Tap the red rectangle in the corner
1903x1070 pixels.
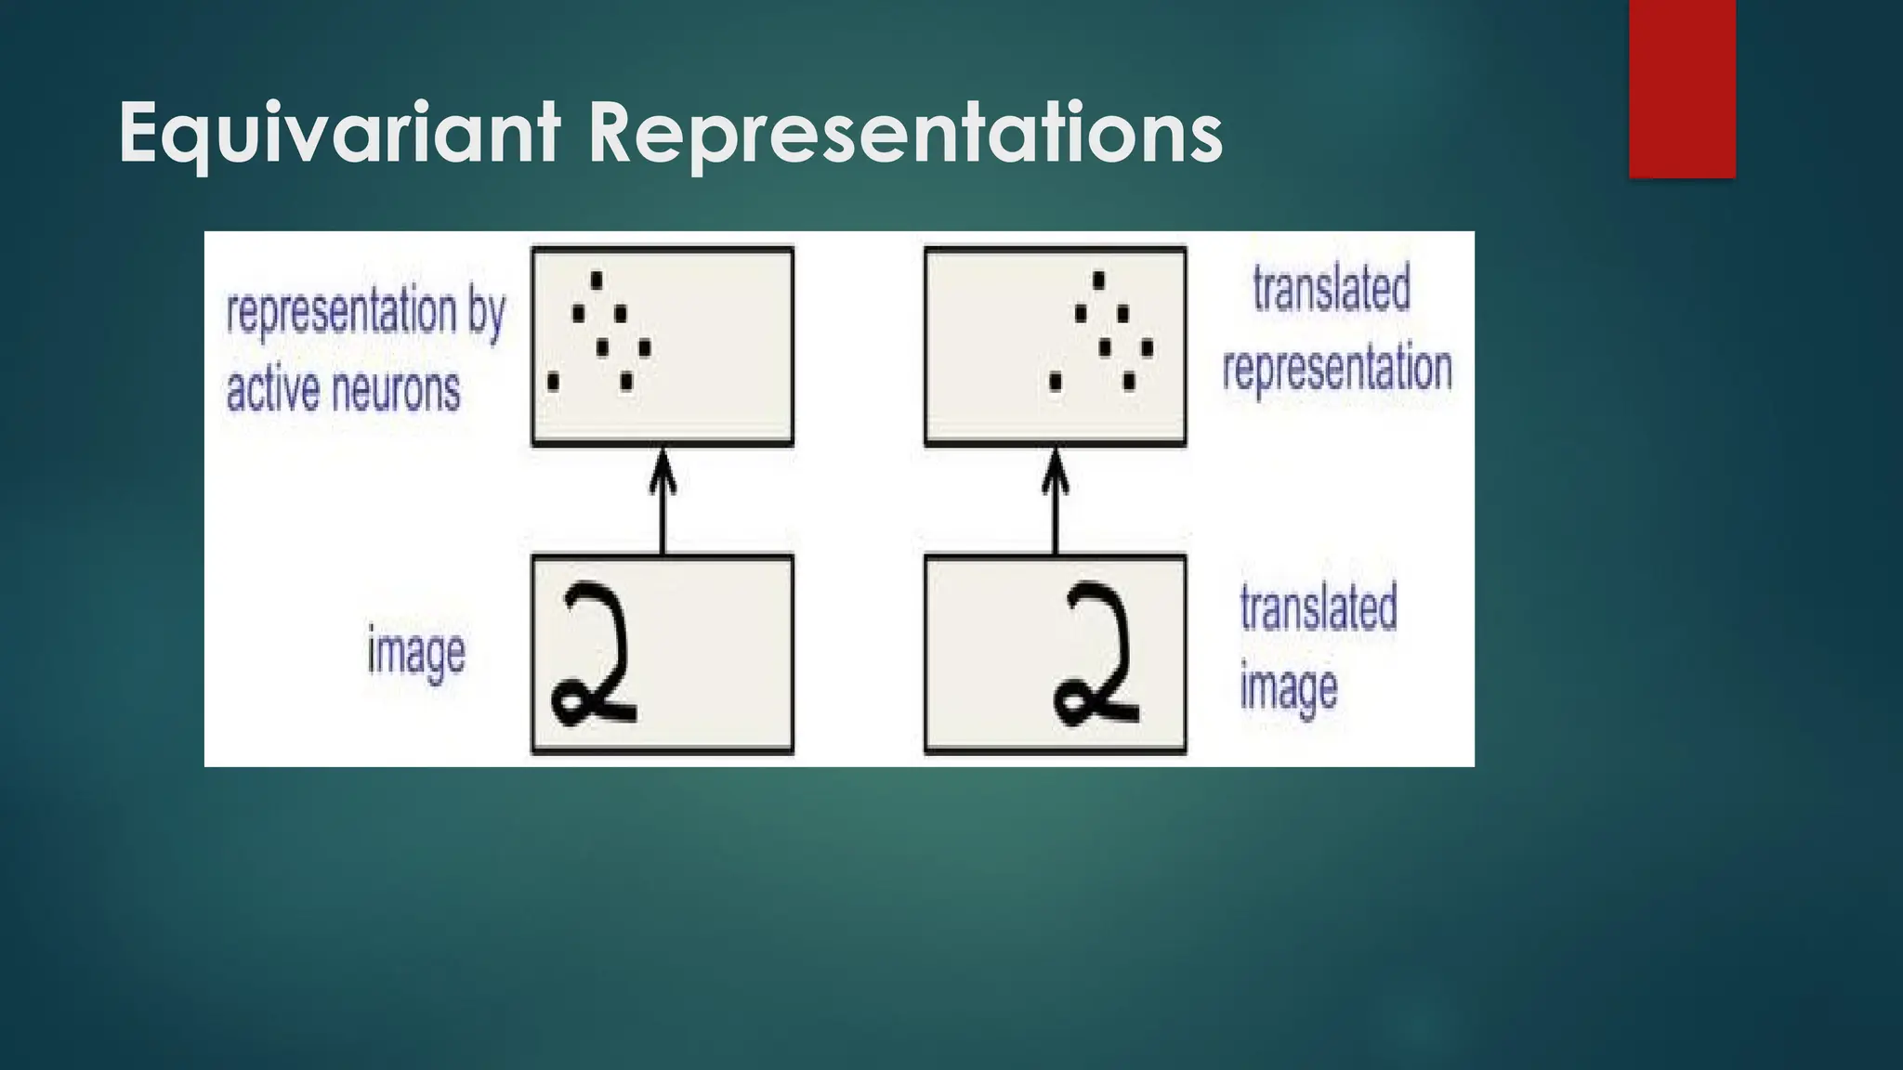coord(1682,88)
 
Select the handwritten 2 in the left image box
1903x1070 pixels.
coord(595,655)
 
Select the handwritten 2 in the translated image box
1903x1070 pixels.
coord(1096,655)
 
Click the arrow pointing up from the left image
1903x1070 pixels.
coord(662,502)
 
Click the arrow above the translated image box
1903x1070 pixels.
coord(1055,502)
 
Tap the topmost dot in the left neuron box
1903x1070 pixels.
coord(597,280)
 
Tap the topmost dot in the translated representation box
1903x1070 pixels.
coord(1099,280)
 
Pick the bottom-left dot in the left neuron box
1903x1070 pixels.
coord(554,381)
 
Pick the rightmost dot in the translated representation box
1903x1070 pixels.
coord(1148,348)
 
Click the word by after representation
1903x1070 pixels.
coord(486,312)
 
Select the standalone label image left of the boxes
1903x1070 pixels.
coord(415,652)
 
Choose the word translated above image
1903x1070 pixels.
coord(1319,608)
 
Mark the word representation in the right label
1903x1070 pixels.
coord(1337,368)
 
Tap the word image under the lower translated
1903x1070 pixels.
coord(1289,688)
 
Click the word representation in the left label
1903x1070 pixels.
coord(340,312)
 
